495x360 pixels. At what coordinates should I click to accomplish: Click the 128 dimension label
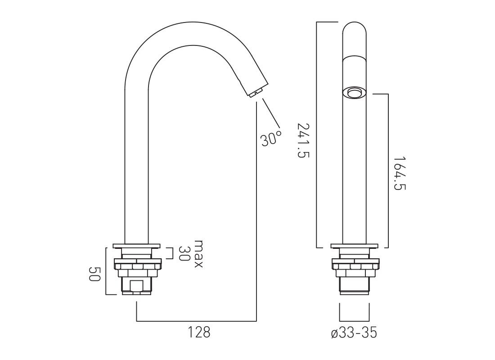coord(199,332)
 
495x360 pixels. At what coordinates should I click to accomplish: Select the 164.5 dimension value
coord(399,173)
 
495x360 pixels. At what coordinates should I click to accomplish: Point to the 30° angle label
coord(271,138)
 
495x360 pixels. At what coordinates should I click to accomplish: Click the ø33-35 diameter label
coord(354,333)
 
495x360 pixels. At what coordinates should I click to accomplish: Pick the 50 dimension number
coord(94,274)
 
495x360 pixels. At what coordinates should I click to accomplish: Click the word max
coord(198,254)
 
